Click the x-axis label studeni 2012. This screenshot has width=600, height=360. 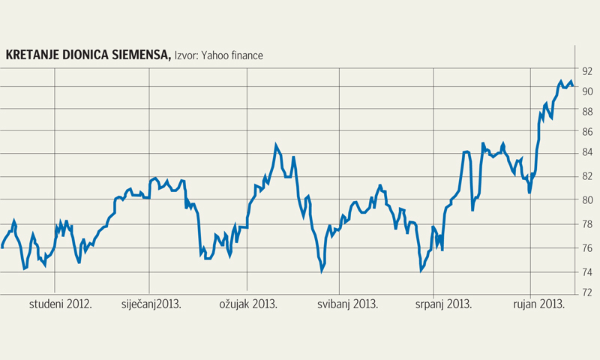point(61,304)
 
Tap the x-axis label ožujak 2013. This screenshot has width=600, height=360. point(248,304)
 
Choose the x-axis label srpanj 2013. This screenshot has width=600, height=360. point(443,304)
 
